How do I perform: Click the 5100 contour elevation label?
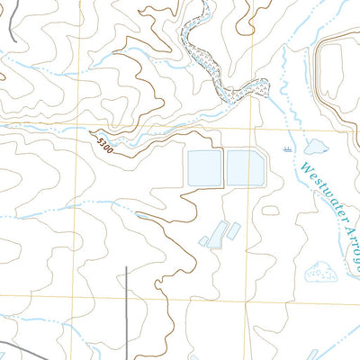tap(102, 144)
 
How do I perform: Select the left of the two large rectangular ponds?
tap(204, 166)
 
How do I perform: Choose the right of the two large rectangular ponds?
tap(245, 166)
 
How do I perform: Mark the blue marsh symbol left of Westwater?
tap(287, 146)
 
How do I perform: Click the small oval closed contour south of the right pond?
tap(271, 211)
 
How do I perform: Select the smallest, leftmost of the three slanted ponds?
tap(204, 241)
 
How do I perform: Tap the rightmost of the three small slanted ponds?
tap(233, 230)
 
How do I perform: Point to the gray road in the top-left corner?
tap(12, 18)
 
